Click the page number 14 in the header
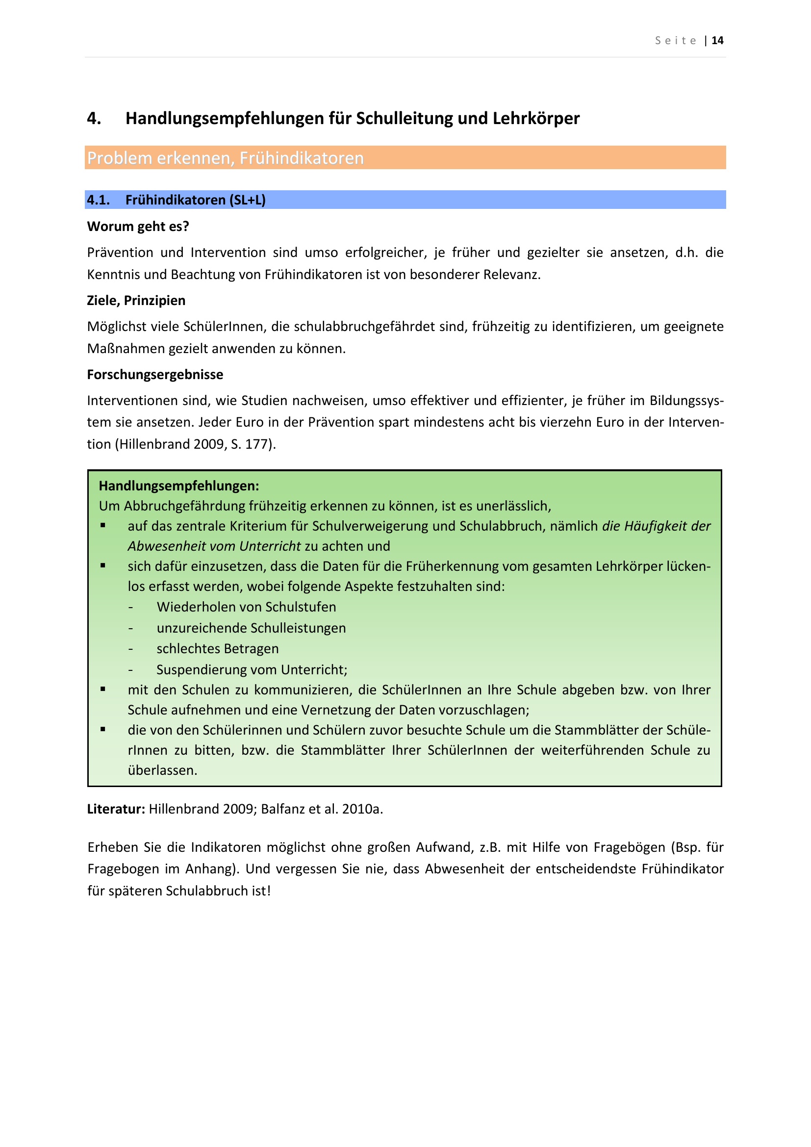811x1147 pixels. (x=717, y=41)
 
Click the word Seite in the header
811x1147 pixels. (x=676, y=41)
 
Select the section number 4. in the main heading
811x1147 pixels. (x=94, y=118)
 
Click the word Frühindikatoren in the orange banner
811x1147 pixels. (x=302, y=158)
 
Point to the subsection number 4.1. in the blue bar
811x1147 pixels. (x=99, y=200)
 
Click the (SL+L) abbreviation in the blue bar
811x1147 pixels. (x=247, y=200)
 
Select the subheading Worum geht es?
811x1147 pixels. (x=138, y=226)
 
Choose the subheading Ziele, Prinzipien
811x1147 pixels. (x=136, y=300)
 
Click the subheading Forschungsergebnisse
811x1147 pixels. (x=155, y=374)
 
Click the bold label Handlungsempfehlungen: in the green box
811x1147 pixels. (x=179, y=485)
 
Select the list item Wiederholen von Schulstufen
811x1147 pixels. (x=246, y=607)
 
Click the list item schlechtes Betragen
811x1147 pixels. (x=218, y=648)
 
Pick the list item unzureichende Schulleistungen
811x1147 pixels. (x=251, y=628)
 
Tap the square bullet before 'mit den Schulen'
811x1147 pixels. (x=103, y=689)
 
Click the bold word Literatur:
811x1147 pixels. (x=116, y=809)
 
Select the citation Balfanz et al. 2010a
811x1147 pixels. (x=321, y=809)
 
